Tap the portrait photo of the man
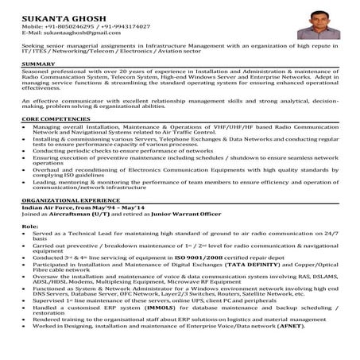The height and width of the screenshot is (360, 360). pyautogui.click(x=316, y=24)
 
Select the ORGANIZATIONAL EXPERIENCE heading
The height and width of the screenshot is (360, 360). pyautogui.click(x=75, y=202)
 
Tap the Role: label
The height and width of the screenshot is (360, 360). pyautogui.click(x=31, y=226)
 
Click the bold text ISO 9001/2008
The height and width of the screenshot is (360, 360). pyautogui.click(x=194, y=257)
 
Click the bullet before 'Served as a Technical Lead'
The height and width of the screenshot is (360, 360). pyautogui.click(x=25, y=236)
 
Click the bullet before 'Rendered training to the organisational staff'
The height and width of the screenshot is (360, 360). pyautogui.click(x=25, y=339)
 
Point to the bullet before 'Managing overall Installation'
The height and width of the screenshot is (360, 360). pyautogui.click(x=25, y=126)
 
